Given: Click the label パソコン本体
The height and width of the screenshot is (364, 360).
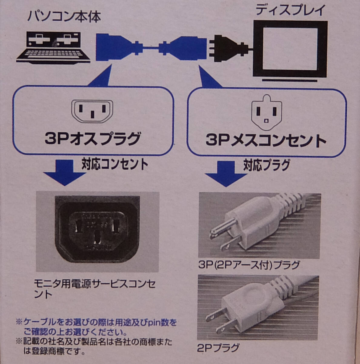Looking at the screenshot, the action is [64, 17].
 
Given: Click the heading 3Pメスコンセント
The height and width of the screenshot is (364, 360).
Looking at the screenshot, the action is [266, 140].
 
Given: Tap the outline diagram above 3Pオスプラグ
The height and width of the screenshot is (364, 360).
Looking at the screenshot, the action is [92, 111].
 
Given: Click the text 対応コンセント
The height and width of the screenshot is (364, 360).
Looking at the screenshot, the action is [115, 164].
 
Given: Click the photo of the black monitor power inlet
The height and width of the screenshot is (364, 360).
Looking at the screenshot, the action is [97, 232].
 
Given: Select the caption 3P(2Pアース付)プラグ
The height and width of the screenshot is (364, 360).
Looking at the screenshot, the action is [249, 265].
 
